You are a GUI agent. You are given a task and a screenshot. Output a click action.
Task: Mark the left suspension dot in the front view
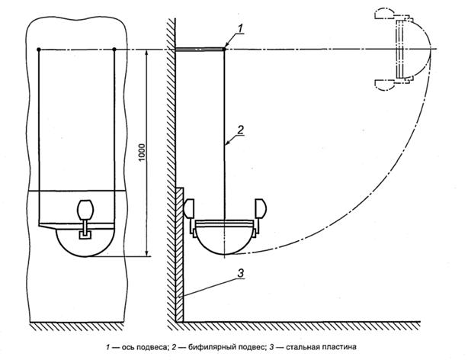[40, 50]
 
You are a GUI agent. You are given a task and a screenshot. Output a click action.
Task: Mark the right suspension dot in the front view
[114, 50]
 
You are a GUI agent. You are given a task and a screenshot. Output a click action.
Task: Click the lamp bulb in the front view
[85, 208]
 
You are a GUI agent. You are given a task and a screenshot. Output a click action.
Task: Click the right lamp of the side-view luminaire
[261, 209]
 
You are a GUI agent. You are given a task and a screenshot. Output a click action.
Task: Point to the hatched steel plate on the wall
[179, 259]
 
